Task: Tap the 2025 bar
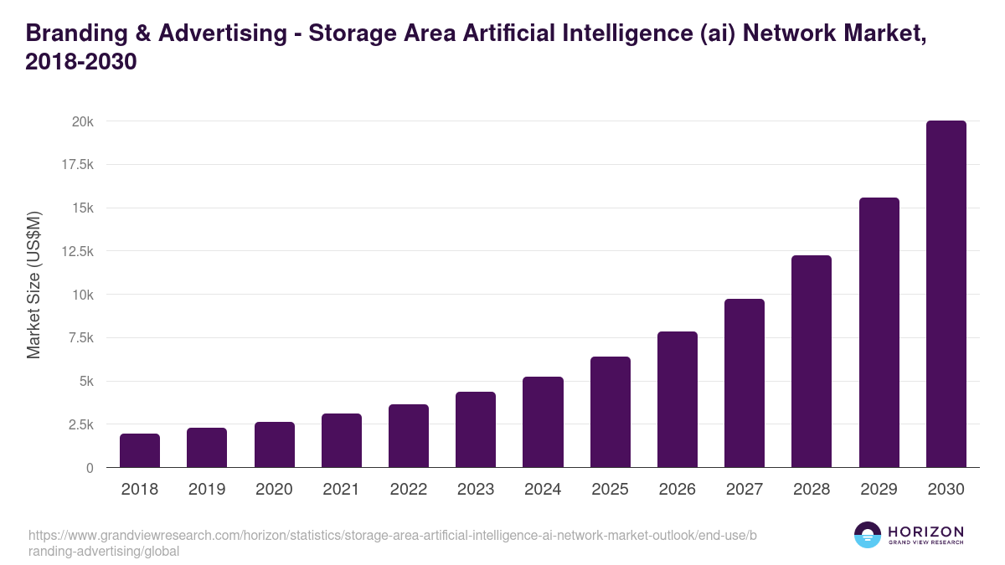coord(610,412)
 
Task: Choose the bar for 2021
coord(342,440)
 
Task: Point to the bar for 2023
coord(476,429)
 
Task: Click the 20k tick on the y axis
coord(82,121)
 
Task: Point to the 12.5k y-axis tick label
coord(76,251)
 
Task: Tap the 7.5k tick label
coord(80,338)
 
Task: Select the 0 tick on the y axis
coord(89,468)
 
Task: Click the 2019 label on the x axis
coord(207,490)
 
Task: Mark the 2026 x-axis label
coord(677,490)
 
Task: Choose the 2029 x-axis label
coord(879,490)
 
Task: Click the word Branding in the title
coord(69,33)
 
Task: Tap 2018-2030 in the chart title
coord(80,62)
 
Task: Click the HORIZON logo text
coord(925,532)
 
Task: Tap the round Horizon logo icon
coord(867,535)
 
